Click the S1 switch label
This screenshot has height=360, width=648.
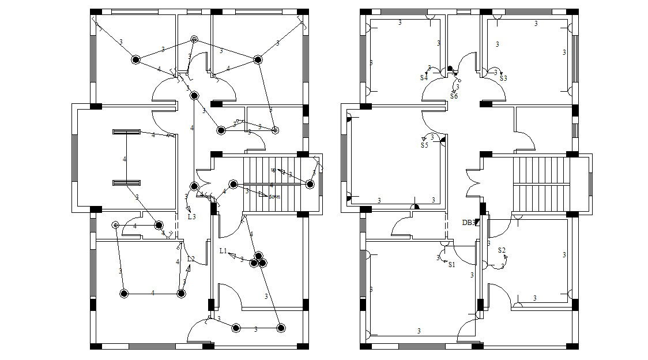pos(451,265)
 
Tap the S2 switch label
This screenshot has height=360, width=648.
pos(502,250)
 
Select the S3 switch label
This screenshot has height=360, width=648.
pos(503,78)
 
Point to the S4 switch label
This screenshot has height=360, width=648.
pos(424,77)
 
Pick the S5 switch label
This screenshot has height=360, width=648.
pos(424,145)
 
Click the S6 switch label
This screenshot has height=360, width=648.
pos(454,96)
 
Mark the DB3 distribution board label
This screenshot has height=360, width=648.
pos(468,222)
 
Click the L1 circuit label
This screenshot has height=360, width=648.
pos(224,251)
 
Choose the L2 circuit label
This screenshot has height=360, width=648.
pos(191,259)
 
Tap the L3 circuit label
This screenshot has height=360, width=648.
pos(192,217)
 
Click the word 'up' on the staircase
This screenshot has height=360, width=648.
pos(273,170)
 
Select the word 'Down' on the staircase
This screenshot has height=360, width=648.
pos(274,197)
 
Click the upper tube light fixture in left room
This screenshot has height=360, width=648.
pos(126,132)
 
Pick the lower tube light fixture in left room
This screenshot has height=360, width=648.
pos(126,183)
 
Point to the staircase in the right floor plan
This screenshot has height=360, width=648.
pos(541,185)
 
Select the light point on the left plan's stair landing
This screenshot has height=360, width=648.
pos(310,184)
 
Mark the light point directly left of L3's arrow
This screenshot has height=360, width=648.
pos(194,186)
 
